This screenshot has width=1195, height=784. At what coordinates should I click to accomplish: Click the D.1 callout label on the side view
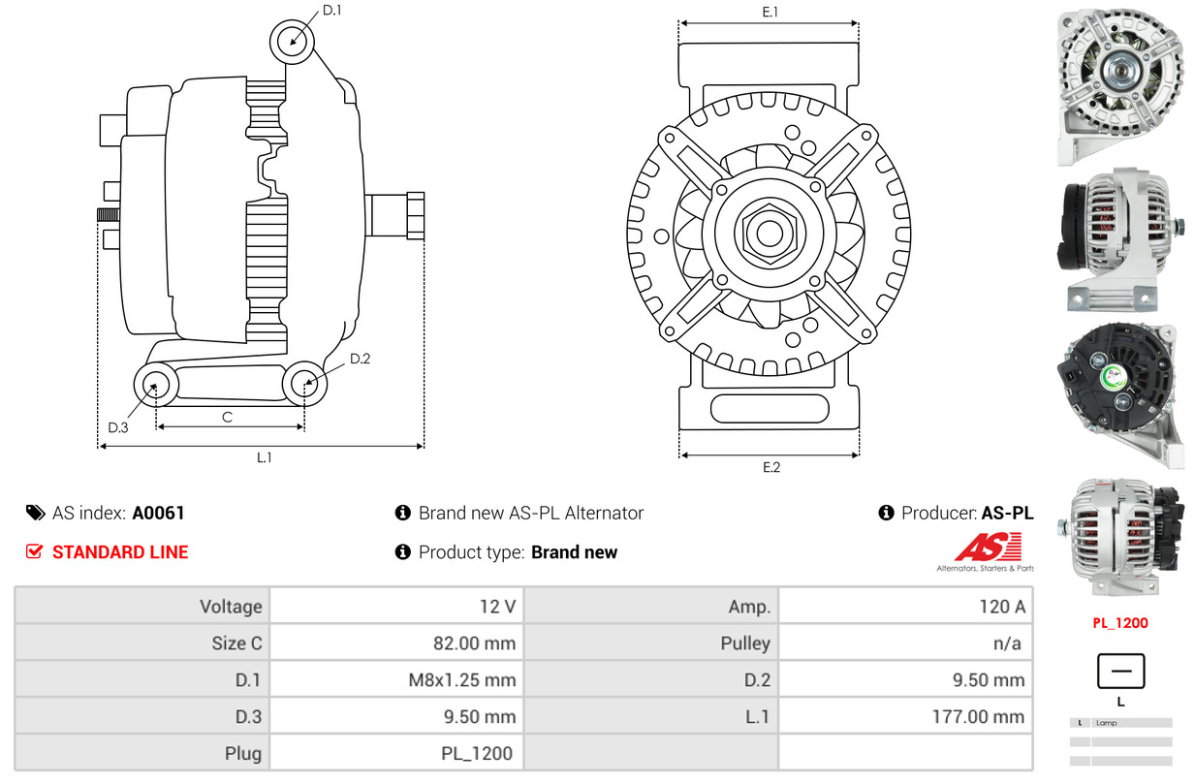[331, 11]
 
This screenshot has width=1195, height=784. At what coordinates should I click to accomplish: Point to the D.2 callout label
[360, 359]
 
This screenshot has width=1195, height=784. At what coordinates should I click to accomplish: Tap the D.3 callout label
[117, 427]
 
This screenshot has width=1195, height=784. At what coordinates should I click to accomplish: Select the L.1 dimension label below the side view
[264, 457]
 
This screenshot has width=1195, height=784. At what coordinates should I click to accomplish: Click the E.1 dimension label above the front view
[770, 12]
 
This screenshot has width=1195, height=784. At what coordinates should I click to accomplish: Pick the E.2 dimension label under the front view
[770, 467]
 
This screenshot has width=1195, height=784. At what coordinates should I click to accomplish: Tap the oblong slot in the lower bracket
[769, 408]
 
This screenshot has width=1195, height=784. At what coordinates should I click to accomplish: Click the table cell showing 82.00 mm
[474, 643]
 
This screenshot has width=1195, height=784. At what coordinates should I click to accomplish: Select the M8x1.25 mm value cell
[461, 679]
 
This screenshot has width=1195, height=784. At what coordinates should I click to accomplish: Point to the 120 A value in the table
[1001, 607]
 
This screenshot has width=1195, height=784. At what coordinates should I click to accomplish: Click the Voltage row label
[231, 607]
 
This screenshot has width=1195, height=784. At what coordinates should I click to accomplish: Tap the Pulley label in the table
[745, 643]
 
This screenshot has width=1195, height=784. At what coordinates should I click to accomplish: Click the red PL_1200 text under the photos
[1120, 623]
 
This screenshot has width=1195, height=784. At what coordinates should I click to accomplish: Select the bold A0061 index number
[158, 513]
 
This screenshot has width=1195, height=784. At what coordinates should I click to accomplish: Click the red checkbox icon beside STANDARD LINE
[35, 551]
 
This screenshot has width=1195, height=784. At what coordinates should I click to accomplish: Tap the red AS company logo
[987, 548]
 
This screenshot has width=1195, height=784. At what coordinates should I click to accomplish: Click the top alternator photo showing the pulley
[1120, 85]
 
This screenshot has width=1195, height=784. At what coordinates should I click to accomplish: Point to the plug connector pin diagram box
[1120, 672]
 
